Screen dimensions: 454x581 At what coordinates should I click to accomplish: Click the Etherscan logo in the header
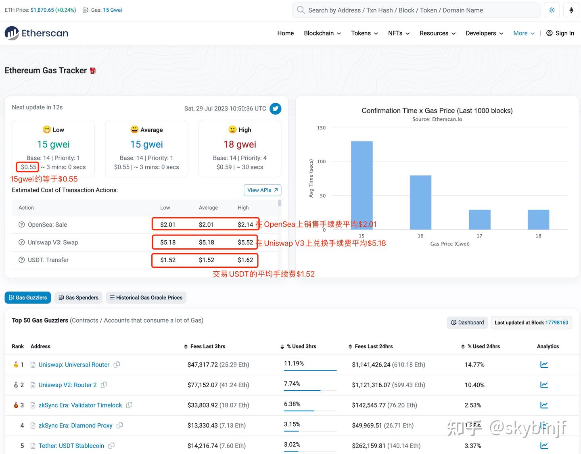click(36, 33)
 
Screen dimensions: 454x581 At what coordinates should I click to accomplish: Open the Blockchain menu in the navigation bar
click(322, 33)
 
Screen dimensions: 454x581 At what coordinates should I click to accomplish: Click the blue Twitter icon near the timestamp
click(276, 108)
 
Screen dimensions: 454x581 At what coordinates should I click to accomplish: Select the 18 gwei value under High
click(240, 144)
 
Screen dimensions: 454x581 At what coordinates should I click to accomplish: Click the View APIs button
click(262, 190)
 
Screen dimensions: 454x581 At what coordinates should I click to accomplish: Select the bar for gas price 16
click(420, 202)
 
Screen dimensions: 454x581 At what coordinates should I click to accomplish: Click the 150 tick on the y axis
click(321, 128)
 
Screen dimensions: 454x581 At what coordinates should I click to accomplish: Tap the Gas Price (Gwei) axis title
click(450, 244)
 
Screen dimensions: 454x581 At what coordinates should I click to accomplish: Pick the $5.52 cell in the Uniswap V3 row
click(245, 242)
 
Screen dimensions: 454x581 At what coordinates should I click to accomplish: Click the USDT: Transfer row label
click(48, 260)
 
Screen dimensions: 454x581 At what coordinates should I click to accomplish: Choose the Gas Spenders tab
click(78, 298)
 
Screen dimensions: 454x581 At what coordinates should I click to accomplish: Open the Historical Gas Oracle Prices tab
click(146, 298)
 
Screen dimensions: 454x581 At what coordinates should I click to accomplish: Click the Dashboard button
click(467, 323)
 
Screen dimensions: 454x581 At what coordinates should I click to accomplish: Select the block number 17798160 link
click(556, 323)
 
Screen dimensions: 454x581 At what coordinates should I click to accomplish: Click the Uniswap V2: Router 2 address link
click(67, 385)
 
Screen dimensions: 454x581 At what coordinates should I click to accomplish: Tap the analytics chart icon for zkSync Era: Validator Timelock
click(544, 405)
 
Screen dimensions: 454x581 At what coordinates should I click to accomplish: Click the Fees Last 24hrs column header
click(374, 346)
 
